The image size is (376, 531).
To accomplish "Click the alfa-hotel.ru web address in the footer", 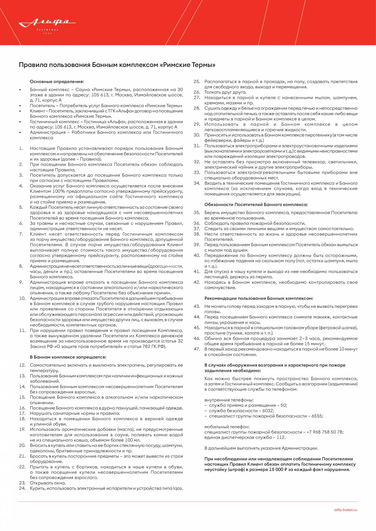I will (x=346, y=510).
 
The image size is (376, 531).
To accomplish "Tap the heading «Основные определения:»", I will (x=57, y=81).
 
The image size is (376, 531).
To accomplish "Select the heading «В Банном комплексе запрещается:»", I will (x=68, y=357).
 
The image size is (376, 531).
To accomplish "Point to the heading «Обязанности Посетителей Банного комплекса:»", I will (x=256, y=204).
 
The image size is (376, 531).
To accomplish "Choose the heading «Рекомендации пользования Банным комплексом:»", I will (x=258, y=298).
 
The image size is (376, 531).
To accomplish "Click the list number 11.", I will (x=22, y=330).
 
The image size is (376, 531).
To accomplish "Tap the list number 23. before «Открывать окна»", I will (x=22, y=483).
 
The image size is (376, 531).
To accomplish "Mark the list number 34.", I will (x=197, y=183).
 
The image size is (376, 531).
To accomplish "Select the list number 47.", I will (x=197, y=349).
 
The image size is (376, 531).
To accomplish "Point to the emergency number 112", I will (x=281, y=437).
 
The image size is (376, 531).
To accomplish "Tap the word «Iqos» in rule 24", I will (x=177, y=488).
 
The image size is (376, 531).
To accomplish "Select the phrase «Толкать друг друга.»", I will (x=225, y=92).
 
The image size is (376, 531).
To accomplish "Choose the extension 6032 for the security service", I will (x=268, y=411).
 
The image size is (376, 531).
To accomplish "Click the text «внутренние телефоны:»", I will (x=229, y=400).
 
